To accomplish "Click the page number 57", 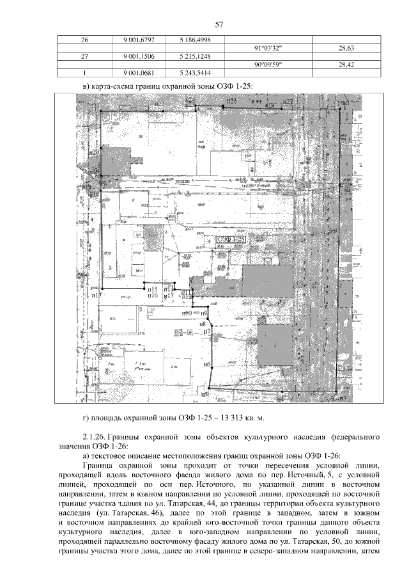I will [x=219, y=25].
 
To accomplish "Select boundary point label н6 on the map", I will [x=207, y=365].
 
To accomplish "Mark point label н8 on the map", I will [x=203, y=324].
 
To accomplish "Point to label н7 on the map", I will [x=206, y=331].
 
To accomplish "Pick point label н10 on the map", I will [x=187, y=313].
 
